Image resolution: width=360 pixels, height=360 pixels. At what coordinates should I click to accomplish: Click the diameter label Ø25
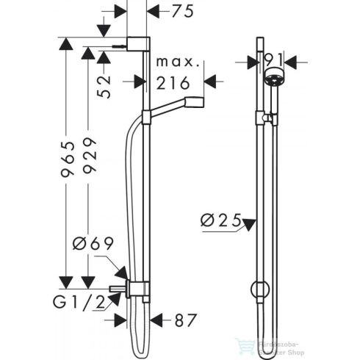(222, 218)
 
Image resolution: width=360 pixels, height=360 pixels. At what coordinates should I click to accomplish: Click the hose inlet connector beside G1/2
(118, 288)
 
